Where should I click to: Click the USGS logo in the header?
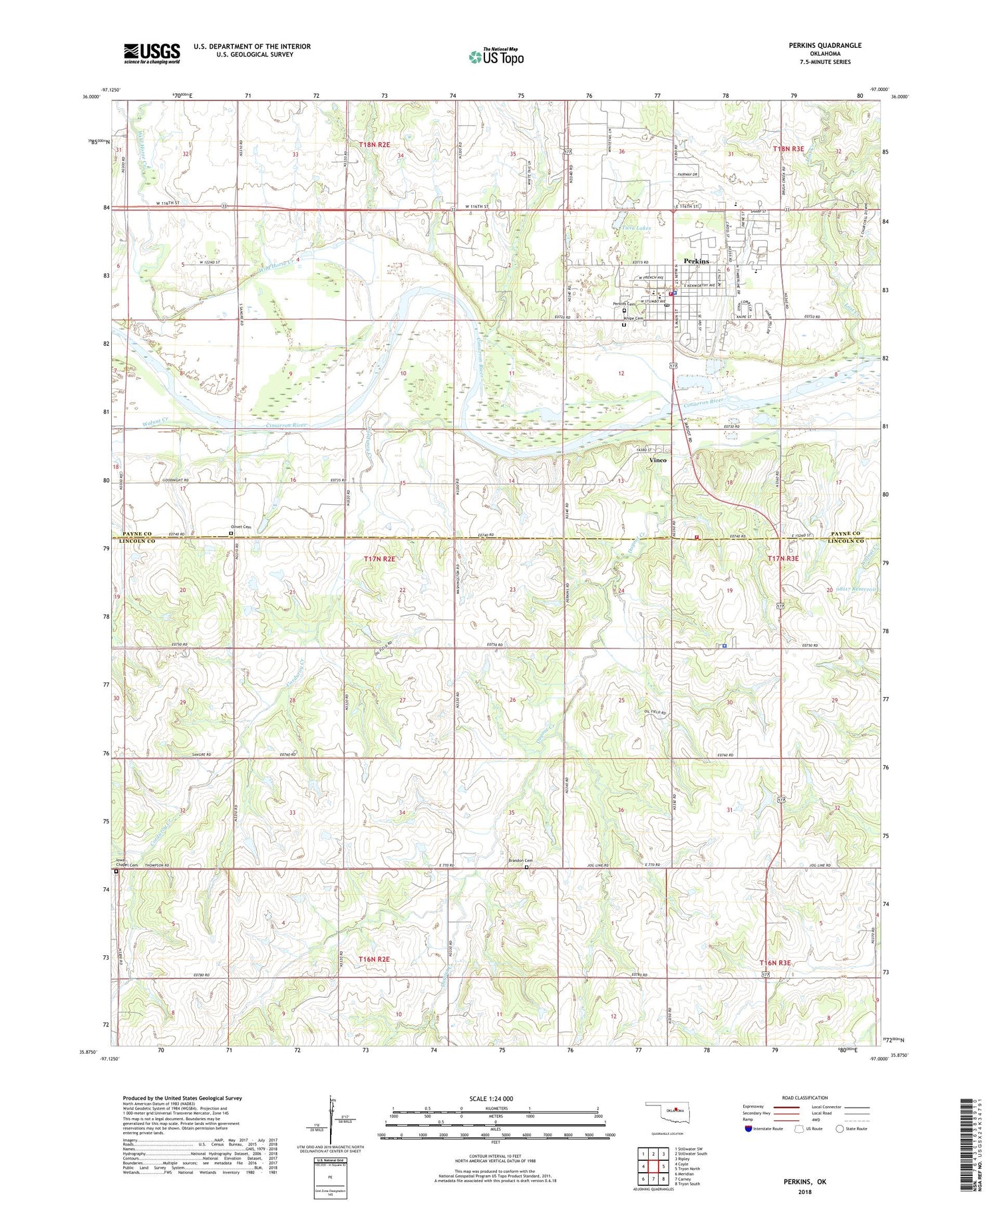pyautogui.click(x=152, y=53)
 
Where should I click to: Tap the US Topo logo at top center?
pyautogui.click(x=496, y=57)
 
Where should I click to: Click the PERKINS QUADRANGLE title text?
pyautogui.click(x=826, y=45)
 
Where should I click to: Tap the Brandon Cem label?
pyautogui.click(x=521, y=861)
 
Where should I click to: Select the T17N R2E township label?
pyautogui.click(x=379, y=559)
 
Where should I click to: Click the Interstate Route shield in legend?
pyautogui.click(x=748, y=1129)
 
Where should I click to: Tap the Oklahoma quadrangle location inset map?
pyautogui.click(x=673, y=1110)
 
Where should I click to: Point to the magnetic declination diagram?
pyautogui.click(x=331, y=1119)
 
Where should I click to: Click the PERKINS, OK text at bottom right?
pyautogui.click(x=804, y=1181)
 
